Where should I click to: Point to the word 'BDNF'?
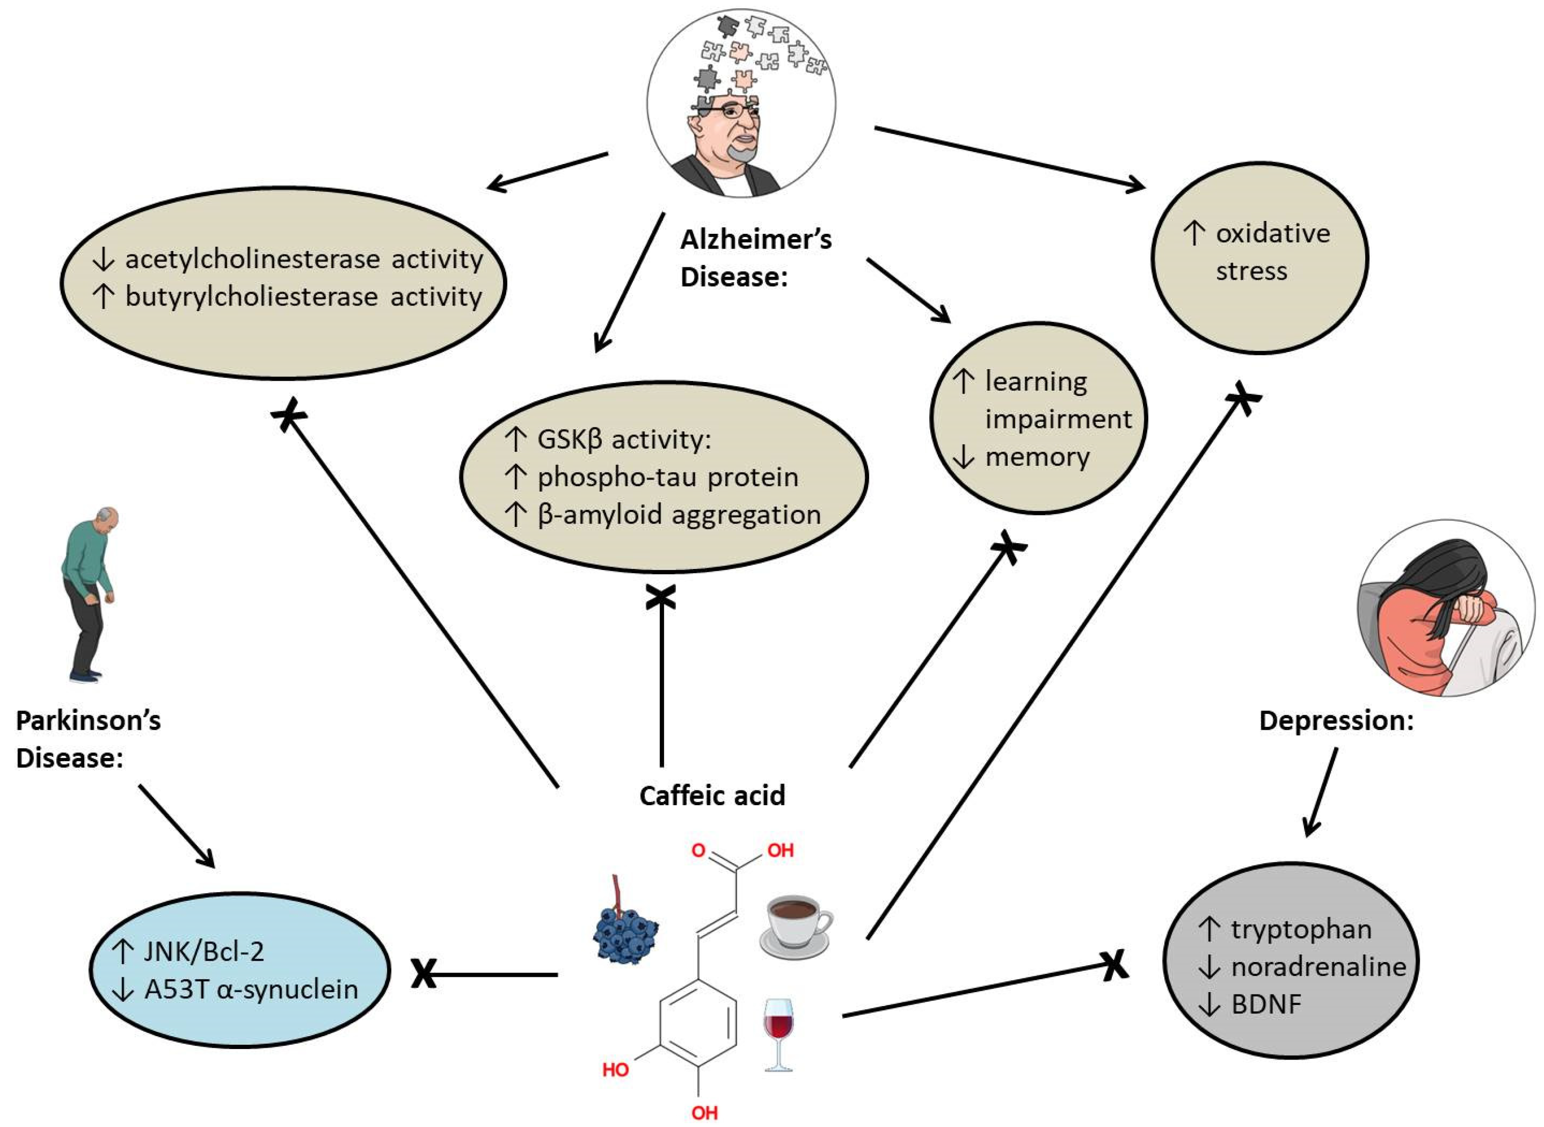[1266, 1004]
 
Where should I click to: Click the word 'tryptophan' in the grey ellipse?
[1301, 929]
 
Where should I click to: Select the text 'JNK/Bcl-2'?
[203, 951]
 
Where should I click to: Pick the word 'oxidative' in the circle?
[1272, 233]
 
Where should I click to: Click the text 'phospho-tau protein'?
[668, 477]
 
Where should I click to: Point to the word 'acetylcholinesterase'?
[251, 259]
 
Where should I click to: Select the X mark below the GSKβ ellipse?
[661, 597]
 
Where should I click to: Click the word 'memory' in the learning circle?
[1037, 456]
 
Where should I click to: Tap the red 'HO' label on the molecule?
[615, 1070]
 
